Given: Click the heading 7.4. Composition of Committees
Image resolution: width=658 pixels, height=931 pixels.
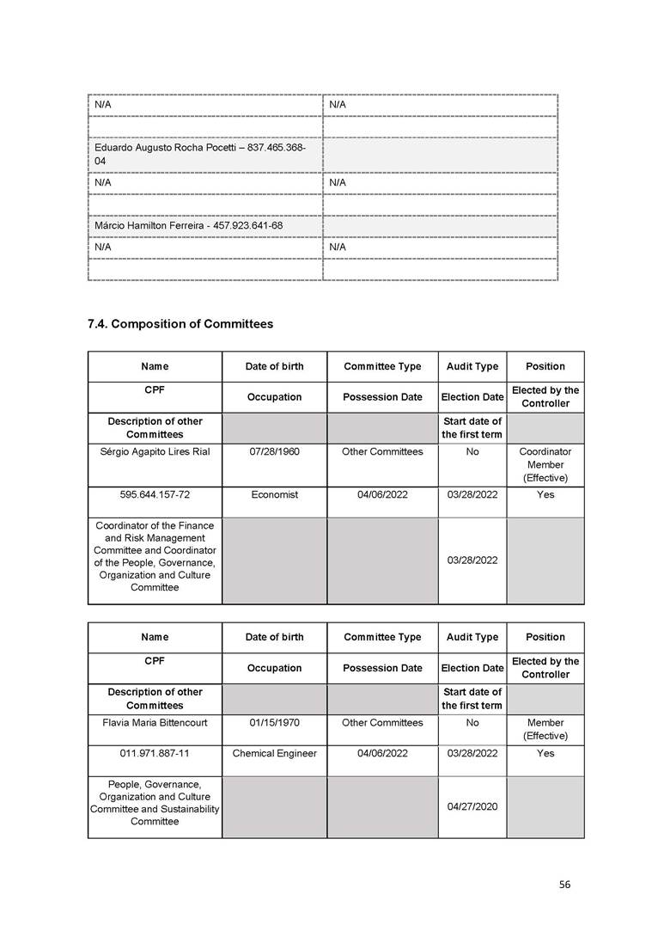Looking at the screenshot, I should tap(180, 324).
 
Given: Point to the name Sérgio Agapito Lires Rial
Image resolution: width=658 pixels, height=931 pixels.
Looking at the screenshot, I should tap(155, 451).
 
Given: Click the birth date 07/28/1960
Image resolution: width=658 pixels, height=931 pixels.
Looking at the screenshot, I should tap(274, 451).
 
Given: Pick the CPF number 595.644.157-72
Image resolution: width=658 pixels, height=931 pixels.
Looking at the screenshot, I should tap(155, 495).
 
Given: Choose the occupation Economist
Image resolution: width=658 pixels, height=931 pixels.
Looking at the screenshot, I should tap(274, 495).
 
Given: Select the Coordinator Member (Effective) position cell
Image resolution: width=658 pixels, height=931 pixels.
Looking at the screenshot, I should tap(545, 464).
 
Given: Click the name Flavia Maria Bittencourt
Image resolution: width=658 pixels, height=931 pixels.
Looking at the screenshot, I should tap(155, 723).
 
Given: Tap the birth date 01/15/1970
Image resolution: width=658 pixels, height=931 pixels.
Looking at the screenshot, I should tap(274, 723).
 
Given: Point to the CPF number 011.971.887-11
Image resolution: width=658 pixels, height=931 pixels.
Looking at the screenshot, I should tap(155, 754).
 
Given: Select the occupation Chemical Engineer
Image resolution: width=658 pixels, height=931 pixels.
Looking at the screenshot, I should tap(274, 754).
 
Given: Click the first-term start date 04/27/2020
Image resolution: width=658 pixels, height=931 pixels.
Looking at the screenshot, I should tap(472, 807).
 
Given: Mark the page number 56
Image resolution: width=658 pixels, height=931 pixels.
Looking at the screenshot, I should tap(564, 885).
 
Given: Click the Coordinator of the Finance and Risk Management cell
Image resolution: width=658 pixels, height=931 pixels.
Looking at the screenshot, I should tap(155, 557).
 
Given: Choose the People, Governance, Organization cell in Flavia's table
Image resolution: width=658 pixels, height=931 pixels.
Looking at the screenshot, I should tap(155, 803).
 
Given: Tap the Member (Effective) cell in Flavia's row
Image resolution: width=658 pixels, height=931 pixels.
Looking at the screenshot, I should tap(545, 729).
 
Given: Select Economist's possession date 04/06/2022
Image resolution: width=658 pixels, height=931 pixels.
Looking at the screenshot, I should tap(382, 495).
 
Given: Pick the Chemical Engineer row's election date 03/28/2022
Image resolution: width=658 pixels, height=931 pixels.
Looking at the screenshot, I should tap(472, 754).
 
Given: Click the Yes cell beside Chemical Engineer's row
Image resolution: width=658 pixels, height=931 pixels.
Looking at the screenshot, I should tap(545, 754).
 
